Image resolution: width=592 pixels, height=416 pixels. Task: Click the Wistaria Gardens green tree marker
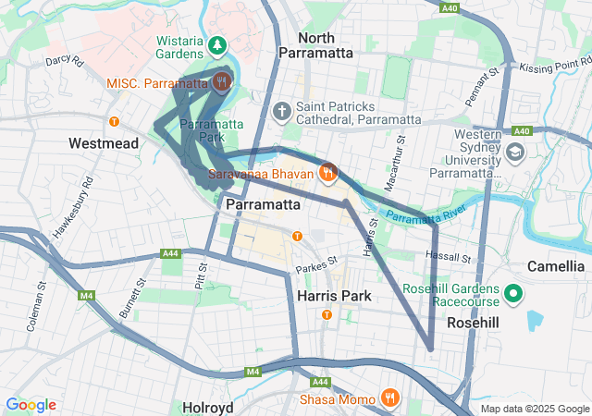click(217, 44)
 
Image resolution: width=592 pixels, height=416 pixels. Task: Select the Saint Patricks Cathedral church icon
click(282, 112)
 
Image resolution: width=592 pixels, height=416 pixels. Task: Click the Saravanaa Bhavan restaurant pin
click(327, 173)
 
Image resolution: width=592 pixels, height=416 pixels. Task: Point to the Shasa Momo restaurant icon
click(390, 398)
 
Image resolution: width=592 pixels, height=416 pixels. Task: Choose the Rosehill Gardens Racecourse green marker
click(514, 297)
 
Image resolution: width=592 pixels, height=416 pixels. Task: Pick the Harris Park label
click(335, 296)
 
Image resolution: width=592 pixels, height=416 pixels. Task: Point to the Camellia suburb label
click(555, 266)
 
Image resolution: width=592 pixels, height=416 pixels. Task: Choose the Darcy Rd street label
click(64, 64)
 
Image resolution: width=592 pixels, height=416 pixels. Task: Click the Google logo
click(31, 405)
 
